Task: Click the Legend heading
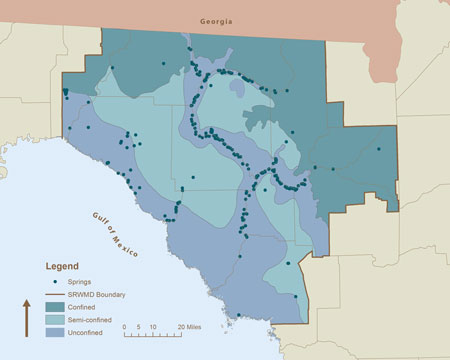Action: (63, 268)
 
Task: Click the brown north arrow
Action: (25, 318)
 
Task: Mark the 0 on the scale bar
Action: (125, 327)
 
